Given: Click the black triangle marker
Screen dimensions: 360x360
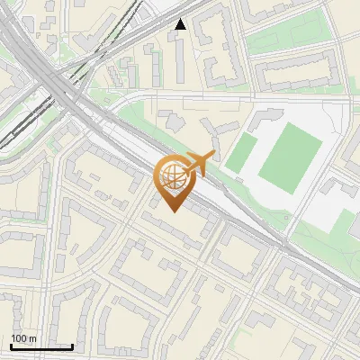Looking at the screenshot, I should (181, 24).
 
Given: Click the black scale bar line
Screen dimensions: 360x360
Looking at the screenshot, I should (41, 346).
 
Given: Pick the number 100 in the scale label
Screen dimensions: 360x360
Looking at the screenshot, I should (19, 338).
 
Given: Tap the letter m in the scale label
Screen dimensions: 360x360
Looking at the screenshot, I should (32, 338).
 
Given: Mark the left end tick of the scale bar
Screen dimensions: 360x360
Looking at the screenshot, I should (11, 345).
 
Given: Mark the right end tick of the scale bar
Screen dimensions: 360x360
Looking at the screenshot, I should (72, 345).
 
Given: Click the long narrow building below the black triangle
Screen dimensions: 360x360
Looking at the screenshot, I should (182, 59).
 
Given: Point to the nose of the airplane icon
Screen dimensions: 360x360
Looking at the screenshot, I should (214, 156).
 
